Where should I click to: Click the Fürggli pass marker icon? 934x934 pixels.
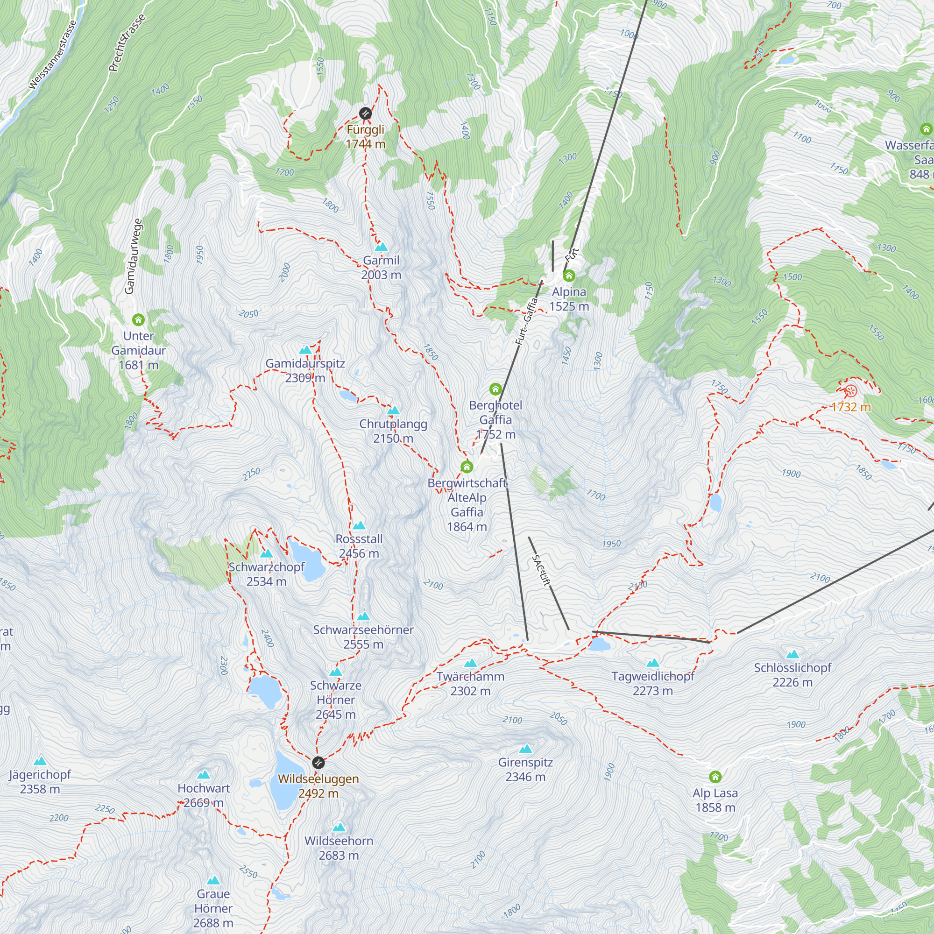pyautogui.click(x=366, y=113)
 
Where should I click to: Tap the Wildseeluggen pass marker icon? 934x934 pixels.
pyautogui.click(x=318, y=763)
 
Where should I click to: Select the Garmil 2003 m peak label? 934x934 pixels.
pyautogui.click(x=382, y=267)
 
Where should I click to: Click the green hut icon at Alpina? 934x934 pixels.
pyautogui.click(x=569, y=276)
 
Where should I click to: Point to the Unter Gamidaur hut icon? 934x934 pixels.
pyautogui.click(x=138, y=319)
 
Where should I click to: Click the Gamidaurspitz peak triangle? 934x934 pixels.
pyautogui.click(x=305, y=350)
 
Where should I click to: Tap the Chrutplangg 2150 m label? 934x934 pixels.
pyautogui.click(x=393, y=431)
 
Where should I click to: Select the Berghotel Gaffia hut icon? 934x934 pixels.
pyautogui.click(x=495, y=389)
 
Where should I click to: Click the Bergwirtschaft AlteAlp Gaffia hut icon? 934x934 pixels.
pyautogui.click(x=467, y=467)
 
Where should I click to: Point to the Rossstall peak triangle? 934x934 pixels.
pyautogui.click(x=359, y=525)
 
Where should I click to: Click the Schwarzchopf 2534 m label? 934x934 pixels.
pyautogui.click(x=266, y=574)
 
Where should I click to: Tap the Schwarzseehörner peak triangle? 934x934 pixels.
pyautogui.click(x=363, y=616)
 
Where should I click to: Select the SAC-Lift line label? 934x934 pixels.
pyautogui.click(x=541, y=571)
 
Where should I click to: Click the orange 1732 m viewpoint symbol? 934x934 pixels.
pyautogui.click(x=851, y=390)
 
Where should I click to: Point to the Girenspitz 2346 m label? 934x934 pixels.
pyautogui.click(x=525, y=769)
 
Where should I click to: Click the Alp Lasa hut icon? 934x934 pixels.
pyautogui.click(x=715, y=777)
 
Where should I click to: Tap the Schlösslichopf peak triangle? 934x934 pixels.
pyautogui.click(x=792, y=655)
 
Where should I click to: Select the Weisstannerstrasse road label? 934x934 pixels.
pyautogui.click(x=52, y=55)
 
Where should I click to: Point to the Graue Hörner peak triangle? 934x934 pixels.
pyautogui.click(x=213, y=881)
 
